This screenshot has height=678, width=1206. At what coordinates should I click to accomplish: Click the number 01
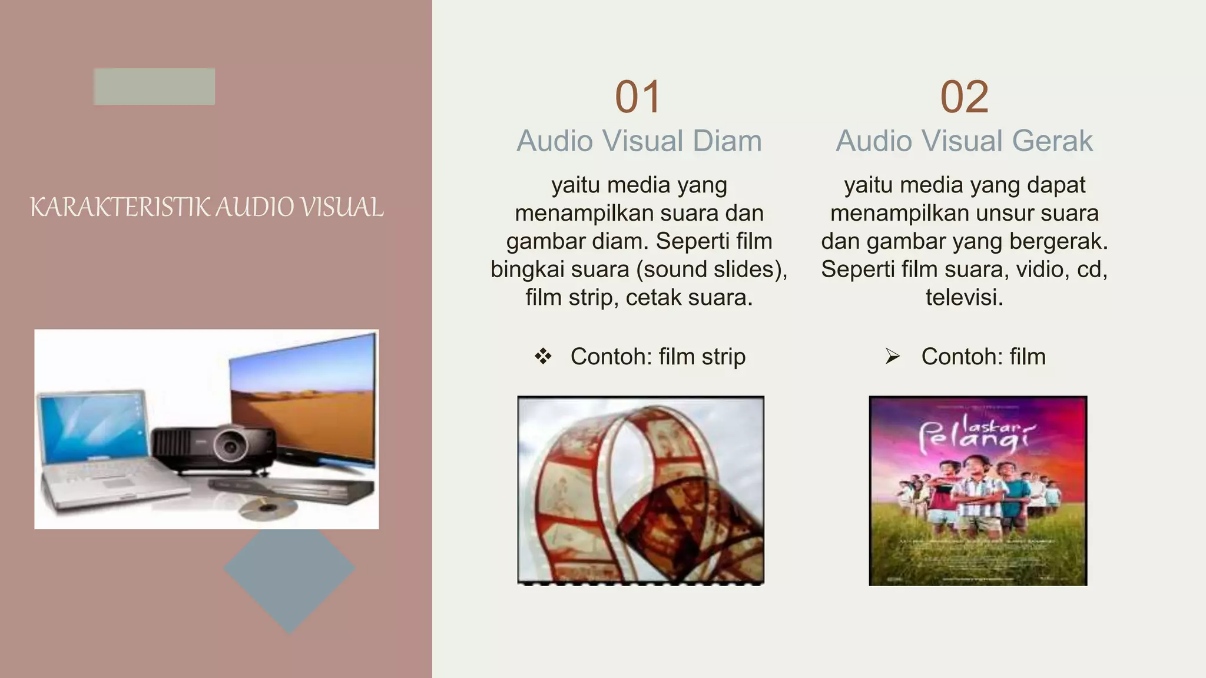[638, 97]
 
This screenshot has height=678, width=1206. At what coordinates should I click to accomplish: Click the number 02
[964, 97]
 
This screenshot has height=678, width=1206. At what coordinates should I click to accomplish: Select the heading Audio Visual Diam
[639, 141]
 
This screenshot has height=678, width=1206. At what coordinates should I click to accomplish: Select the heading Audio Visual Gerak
[964, 141]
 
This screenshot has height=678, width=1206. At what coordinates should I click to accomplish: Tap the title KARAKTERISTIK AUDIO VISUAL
[206, 207]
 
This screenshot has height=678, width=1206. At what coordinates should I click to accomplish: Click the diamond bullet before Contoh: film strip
[543, 356]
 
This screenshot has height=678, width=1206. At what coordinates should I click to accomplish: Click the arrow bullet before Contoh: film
[893, 356]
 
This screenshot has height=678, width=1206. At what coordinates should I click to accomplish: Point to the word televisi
[964, 297]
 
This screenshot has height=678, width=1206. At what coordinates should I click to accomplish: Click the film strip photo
[641, 490]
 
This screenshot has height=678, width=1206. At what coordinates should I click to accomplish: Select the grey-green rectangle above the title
[154, 87]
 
